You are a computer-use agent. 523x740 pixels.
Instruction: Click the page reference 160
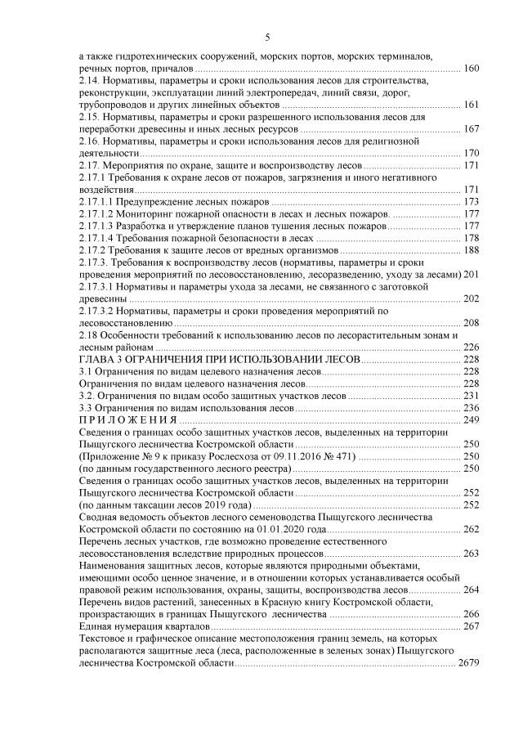click(471, 68)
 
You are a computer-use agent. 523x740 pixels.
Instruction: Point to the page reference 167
click(471, 129)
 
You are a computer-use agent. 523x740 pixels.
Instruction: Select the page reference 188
click(471, 249)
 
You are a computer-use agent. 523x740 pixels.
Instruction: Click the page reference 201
click(471, 274)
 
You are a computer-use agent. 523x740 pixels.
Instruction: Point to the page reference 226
click(471, 348)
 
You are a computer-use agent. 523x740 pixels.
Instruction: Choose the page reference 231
click(471, 396)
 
